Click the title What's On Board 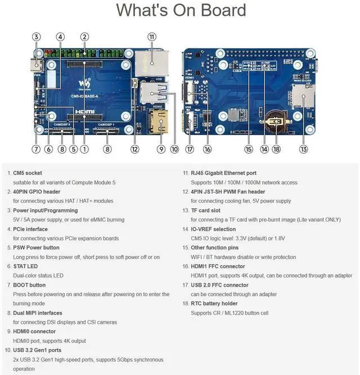point(181,11)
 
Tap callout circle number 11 point(151,37)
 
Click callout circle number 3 point(36,37)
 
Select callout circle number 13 point(304,149)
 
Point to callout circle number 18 point(276,149)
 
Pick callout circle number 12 point(134,149)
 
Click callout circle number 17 point(190,149)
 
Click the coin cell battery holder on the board point(276,120)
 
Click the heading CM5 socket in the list point(27,173)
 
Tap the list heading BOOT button point(29,285)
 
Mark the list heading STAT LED point(26,266)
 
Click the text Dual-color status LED point(38,275)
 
